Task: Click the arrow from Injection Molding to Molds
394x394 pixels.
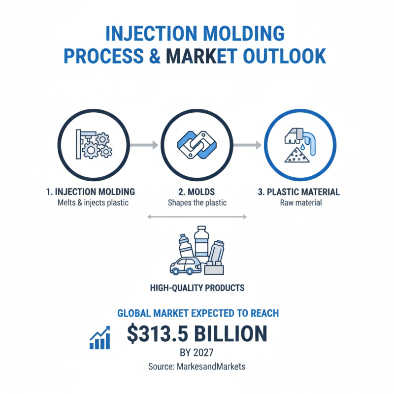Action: point(145,145)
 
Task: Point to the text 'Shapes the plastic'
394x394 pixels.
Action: point(197,202)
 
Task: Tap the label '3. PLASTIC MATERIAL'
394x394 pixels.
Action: point(299,192)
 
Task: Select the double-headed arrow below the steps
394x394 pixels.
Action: point(197,217)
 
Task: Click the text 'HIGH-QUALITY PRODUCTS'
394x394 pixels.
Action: point(197,287)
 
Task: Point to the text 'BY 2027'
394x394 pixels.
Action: point(197,353)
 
